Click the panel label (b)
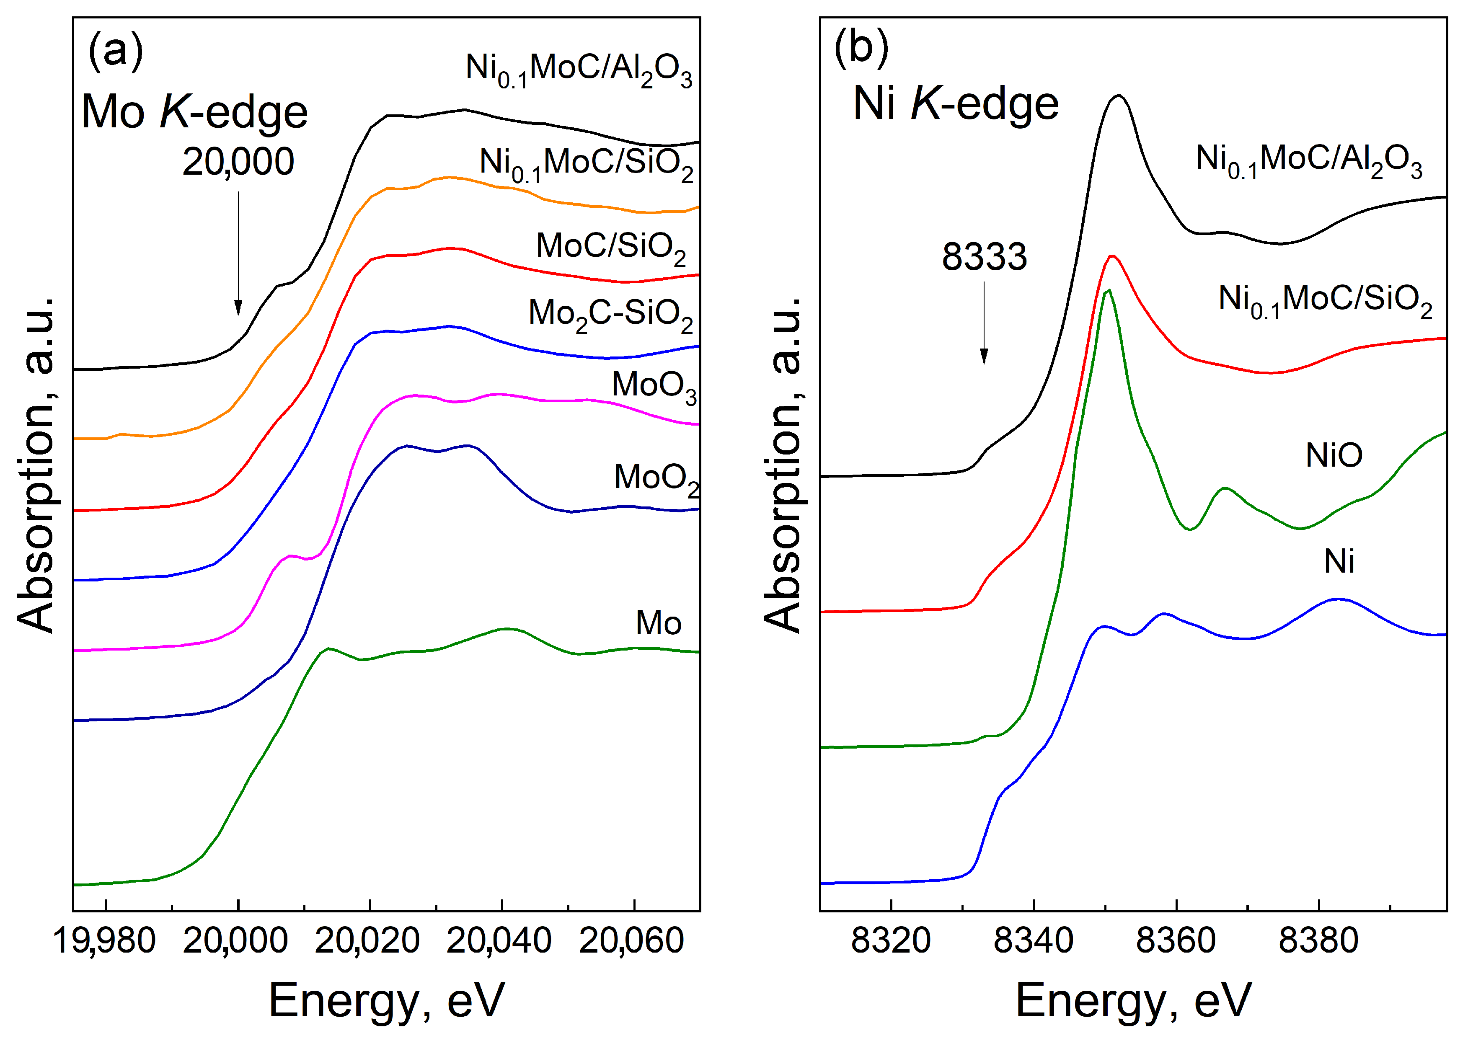pyautogui.click(x=861, y=48)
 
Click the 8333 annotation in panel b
pyautogui.click(x=984, y=257)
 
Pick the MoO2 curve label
pyautogui.click(x=656, y=478)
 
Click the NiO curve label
pyautogui.click(x=1334, y=455)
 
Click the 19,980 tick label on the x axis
pyautogui.click(x=104, y=941)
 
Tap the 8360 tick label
pyautogui.click(x=1176, y=941)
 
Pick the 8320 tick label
pyautogui.click(x=890, y=941)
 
